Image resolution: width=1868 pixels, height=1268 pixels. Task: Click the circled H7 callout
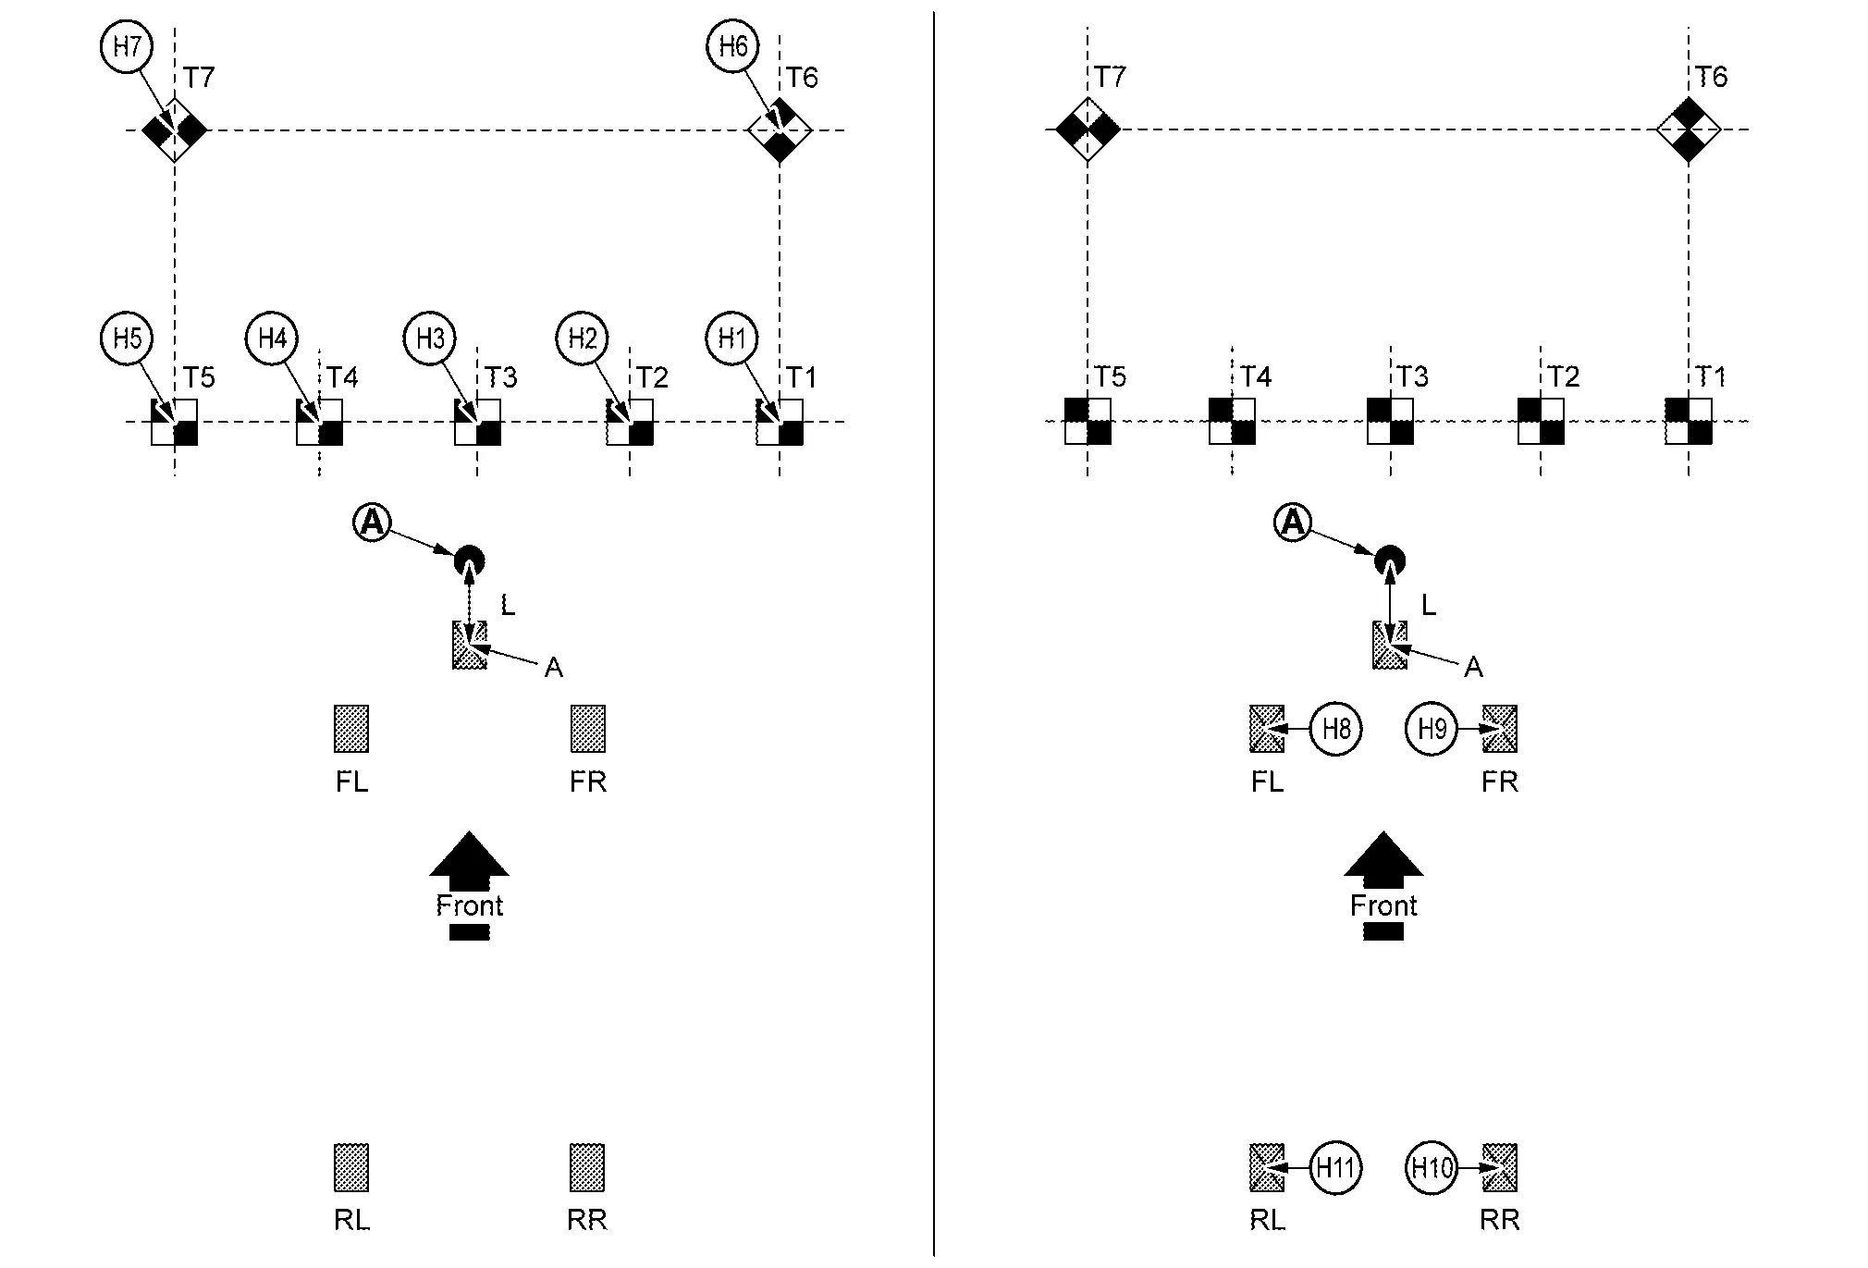127,46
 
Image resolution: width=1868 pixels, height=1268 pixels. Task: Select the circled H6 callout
732,46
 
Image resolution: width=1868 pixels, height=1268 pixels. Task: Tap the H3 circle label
430,339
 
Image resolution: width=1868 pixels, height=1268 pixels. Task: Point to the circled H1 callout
731,339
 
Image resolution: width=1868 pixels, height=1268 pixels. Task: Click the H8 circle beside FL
1336,729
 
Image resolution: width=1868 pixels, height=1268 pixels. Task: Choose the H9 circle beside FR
1432,729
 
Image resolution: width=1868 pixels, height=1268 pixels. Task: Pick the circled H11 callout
1336,1168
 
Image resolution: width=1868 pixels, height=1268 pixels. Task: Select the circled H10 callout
1432,1168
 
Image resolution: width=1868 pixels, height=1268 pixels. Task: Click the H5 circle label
127,339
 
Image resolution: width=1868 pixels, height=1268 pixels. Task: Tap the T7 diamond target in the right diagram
1088,129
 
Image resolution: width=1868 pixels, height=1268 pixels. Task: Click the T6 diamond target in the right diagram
1689,129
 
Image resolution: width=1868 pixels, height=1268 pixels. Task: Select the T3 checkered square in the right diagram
1390,422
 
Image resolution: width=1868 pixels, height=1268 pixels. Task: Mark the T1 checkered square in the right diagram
1689,422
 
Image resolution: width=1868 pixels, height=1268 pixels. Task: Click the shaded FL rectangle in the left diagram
351,729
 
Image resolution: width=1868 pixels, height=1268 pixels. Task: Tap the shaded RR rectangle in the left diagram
587,1167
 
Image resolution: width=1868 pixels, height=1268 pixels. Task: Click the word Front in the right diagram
1383,905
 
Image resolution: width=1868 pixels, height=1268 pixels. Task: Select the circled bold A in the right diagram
1293,523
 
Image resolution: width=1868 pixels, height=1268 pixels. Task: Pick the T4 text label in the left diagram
342,377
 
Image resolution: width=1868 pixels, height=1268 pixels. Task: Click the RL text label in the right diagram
1267,1221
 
